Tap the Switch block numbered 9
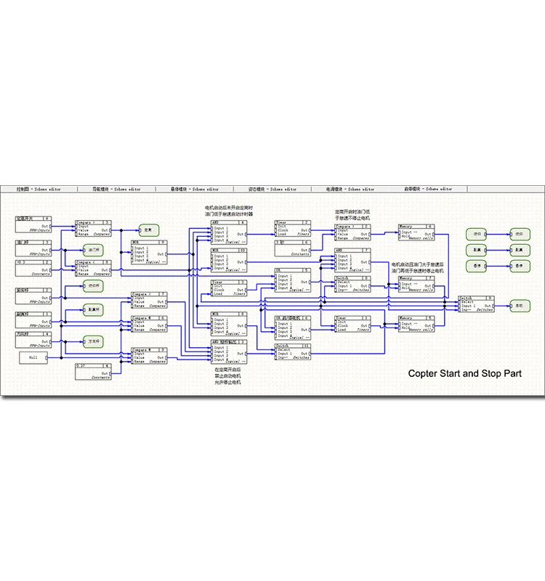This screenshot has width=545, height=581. (476, 304)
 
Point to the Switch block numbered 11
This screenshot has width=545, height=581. (293, 352)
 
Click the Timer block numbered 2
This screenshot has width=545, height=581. (293, 228)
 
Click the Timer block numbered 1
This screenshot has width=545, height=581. (352, 323)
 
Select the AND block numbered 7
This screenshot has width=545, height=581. (352, 257)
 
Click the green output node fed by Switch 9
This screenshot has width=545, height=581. (520, 306)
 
